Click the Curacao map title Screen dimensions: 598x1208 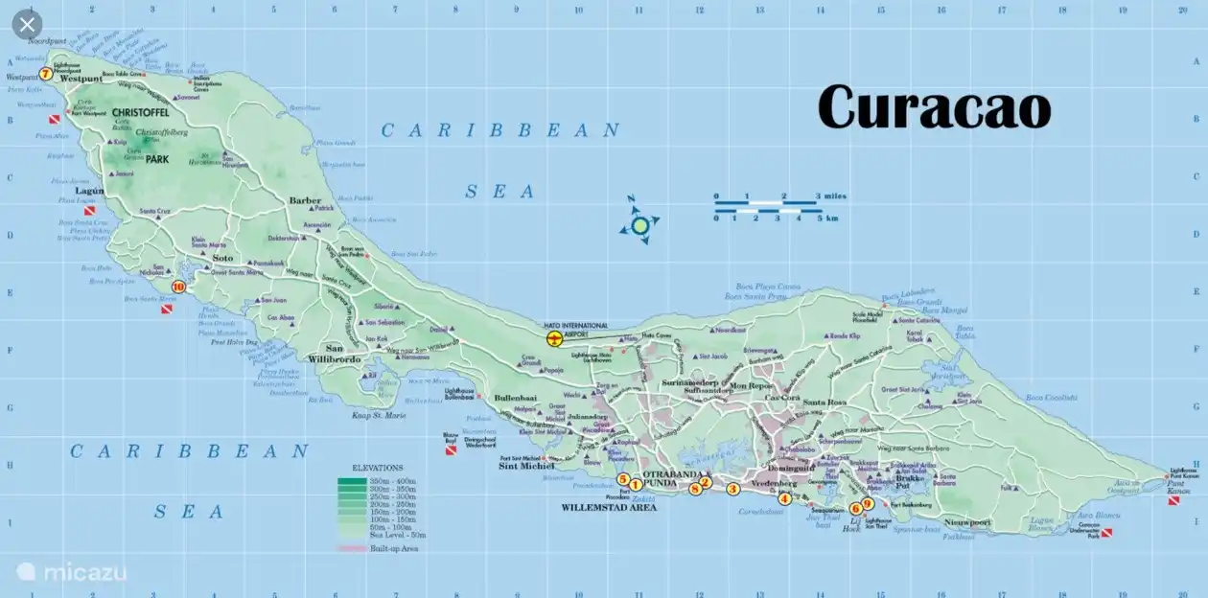(x=934, y=106)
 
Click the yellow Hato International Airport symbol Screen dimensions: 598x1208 (x=554, y=338)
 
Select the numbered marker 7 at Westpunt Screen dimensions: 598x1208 (x=45, y=74)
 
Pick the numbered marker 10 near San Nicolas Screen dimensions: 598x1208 (x=177, y=286)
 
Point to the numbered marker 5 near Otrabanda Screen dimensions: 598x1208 (x=622, y=479)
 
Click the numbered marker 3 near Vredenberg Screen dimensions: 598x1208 (x=733, y=489)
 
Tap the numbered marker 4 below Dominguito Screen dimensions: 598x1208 (x=784, y=497)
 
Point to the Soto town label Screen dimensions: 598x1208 (x=221, y=258)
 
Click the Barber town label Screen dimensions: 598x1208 (x=305, y=200)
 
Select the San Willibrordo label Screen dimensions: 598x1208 (x=335, y=354)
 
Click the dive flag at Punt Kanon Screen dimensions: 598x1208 (x=1174, y=500)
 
